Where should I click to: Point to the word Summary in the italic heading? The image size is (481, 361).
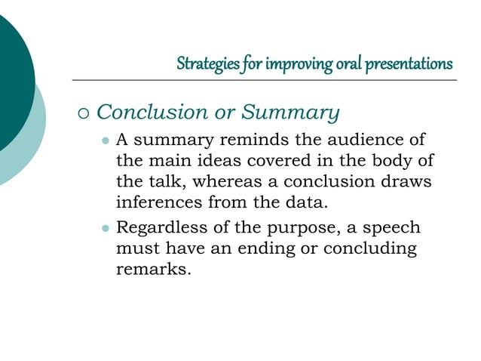pyautogui.click(x=290, y=113)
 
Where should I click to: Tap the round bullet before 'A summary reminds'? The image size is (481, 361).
pyautogui.click(x=105, y=141)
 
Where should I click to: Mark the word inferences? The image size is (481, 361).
pyautogui.click(x=158, y=202)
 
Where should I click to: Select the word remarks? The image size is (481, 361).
pyautogui.click(x=150, y=270)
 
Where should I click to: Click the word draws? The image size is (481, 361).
pyautogui.click(x=415, y=182)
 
